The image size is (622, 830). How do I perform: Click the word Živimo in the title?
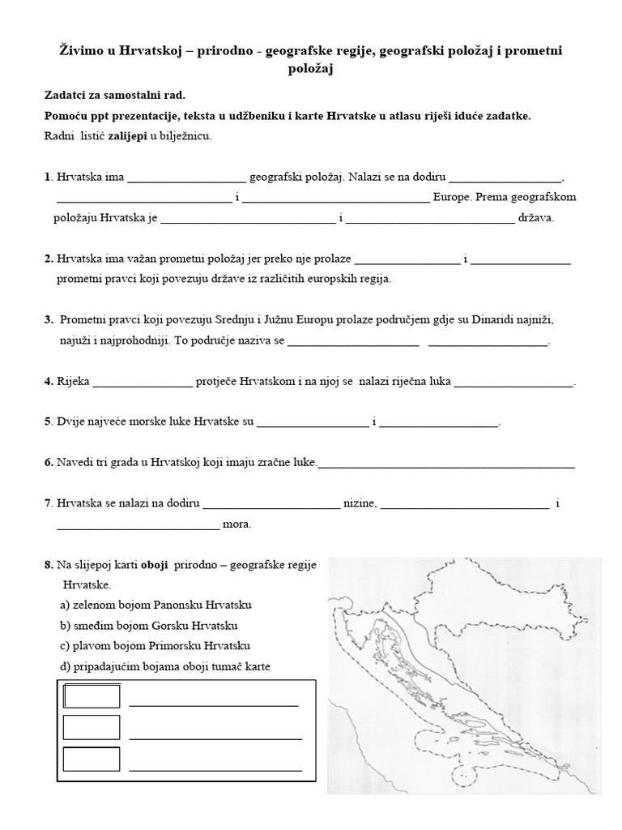[84, 51]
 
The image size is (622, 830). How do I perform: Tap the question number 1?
[48, 177]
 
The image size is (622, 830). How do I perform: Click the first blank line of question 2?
[407, 260]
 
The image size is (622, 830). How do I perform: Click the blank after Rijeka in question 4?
[144, 382]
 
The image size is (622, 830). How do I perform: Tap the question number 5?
[48, 421]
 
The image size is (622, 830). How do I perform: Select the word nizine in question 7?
[360, 503]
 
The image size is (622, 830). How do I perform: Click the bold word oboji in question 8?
[154, 564]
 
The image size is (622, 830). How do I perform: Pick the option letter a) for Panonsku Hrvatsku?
[65, 605]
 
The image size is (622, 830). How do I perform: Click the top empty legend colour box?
[92, 696]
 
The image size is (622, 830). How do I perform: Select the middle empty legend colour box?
[92, 728]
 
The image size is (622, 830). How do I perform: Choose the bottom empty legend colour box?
[92, 759]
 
